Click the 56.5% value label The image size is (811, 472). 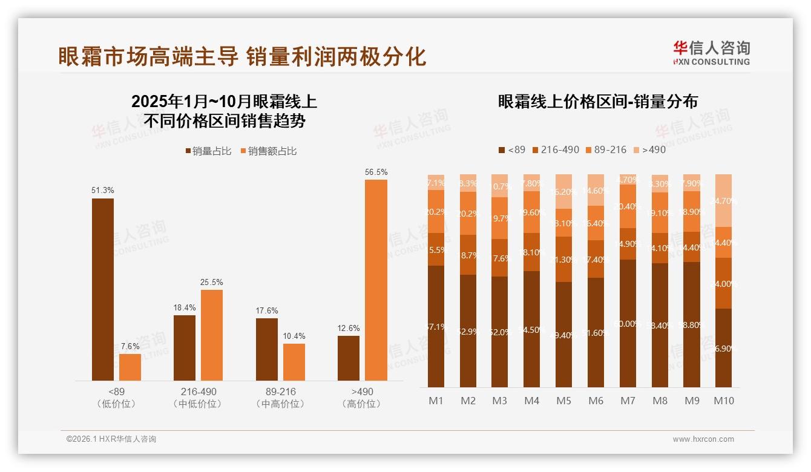376,172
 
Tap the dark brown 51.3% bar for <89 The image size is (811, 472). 103,289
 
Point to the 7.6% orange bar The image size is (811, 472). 130,367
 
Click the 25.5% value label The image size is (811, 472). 212,282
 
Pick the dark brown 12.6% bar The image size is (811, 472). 349,358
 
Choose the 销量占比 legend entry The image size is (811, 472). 208,151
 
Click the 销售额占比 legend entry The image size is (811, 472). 269,151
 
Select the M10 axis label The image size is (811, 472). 723,401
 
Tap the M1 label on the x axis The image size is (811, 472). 436,401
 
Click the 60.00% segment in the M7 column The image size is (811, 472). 628,323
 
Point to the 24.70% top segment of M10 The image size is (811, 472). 723,200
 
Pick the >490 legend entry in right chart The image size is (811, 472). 649,149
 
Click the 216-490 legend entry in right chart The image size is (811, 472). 555,149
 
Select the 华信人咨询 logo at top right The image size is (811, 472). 711,53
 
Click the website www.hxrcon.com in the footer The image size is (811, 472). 703,439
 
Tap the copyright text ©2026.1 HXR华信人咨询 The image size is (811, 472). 111,439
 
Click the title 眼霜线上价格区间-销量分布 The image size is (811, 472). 598,101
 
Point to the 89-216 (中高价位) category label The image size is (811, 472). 280,398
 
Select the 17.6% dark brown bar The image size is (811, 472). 267,349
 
